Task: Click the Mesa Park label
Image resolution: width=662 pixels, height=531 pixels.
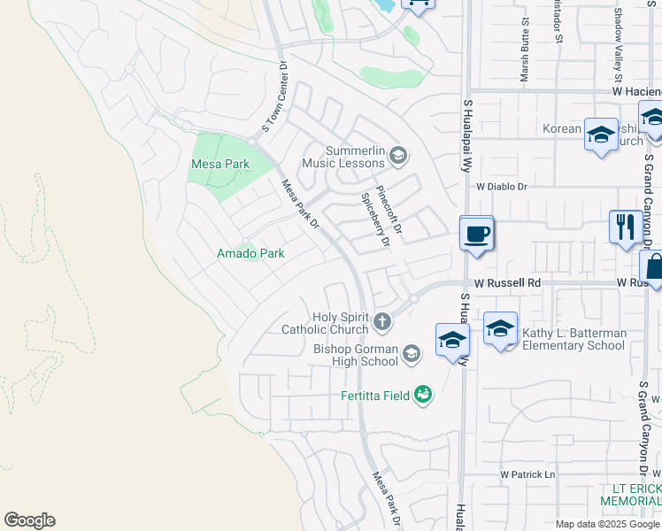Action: click(x=220, y=164)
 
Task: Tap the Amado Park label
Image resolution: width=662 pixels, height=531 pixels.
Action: click(x=251, y=253)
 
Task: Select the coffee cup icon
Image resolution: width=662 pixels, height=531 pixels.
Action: click(x=477, y=235)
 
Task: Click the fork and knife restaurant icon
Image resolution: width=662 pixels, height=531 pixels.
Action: click(x=626, y=227)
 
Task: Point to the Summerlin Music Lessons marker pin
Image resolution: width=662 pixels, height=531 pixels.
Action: click(x=397, y=157)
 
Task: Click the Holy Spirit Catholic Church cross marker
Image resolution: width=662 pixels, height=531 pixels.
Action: click(x=382, y=321)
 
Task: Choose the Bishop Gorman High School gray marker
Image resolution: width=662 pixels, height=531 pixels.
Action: click(x=411, y=354)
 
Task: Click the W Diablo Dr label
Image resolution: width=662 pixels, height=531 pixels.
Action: click(x=501, y=187)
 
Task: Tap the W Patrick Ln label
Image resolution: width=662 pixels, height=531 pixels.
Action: click(x=527, y=474)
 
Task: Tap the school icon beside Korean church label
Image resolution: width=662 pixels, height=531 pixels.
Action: click(x=601, y=135)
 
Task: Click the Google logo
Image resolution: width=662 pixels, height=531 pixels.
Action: click(x=29, y=520)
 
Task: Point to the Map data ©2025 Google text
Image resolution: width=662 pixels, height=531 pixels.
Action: click(x=606, y=524)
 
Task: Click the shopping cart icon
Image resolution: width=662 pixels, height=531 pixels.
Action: click(x=419, y=4)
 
